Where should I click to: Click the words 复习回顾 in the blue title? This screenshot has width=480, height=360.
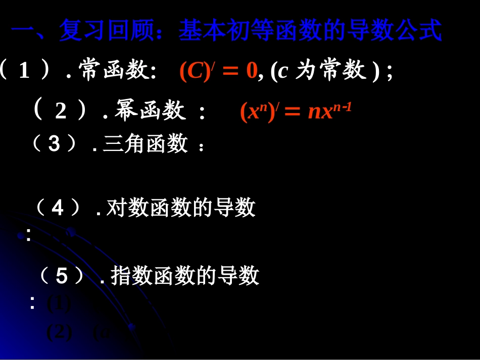[107, 31]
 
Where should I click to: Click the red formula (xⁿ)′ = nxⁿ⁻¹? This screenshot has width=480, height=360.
[295, 112]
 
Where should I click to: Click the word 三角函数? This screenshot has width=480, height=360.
[145, 144]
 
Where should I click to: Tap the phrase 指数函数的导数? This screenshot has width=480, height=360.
[185, 276]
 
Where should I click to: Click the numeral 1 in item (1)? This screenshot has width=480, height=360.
[24, 72]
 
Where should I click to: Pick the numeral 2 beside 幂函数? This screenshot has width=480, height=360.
[61, 112]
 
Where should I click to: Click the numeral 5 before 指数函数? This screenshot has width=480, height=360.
[61, 276]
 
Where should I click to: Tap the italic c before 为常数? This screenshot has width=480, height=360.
[283, 72]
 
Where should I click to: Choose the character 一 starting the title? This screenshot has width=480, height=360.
[22, 31]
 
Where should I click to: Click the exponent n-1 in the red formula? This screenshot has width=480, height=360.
[342, 106]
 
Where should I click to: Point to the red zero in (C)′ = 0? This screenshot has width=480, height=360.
[252, 72]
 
